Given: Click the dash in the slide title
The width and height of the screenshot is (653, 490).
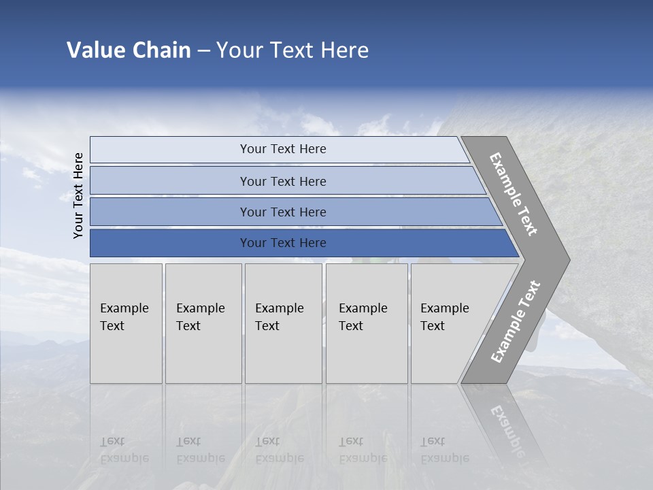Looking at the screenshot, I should click(x=203, y=51).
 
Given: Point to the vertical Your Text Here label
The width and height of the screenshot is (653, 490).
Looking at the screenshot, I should click(x=78, y=195).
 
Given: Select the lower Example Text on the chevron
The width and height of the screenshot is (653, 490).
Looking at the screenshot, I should click(x=515, y=321).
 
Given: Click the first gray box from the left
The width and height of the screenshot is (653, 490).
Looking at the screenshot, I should click(x=126, y=323).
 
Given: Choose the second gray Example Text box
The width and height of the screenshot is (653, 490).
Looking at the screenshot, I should click(x=203, y=323).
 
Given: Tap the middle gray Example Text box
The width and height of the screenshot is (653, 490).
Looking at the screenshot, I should click(x=283, y=323).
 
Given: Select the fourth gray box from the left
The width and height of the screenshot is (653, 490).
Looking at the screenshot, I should click(x=367, y=323).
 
